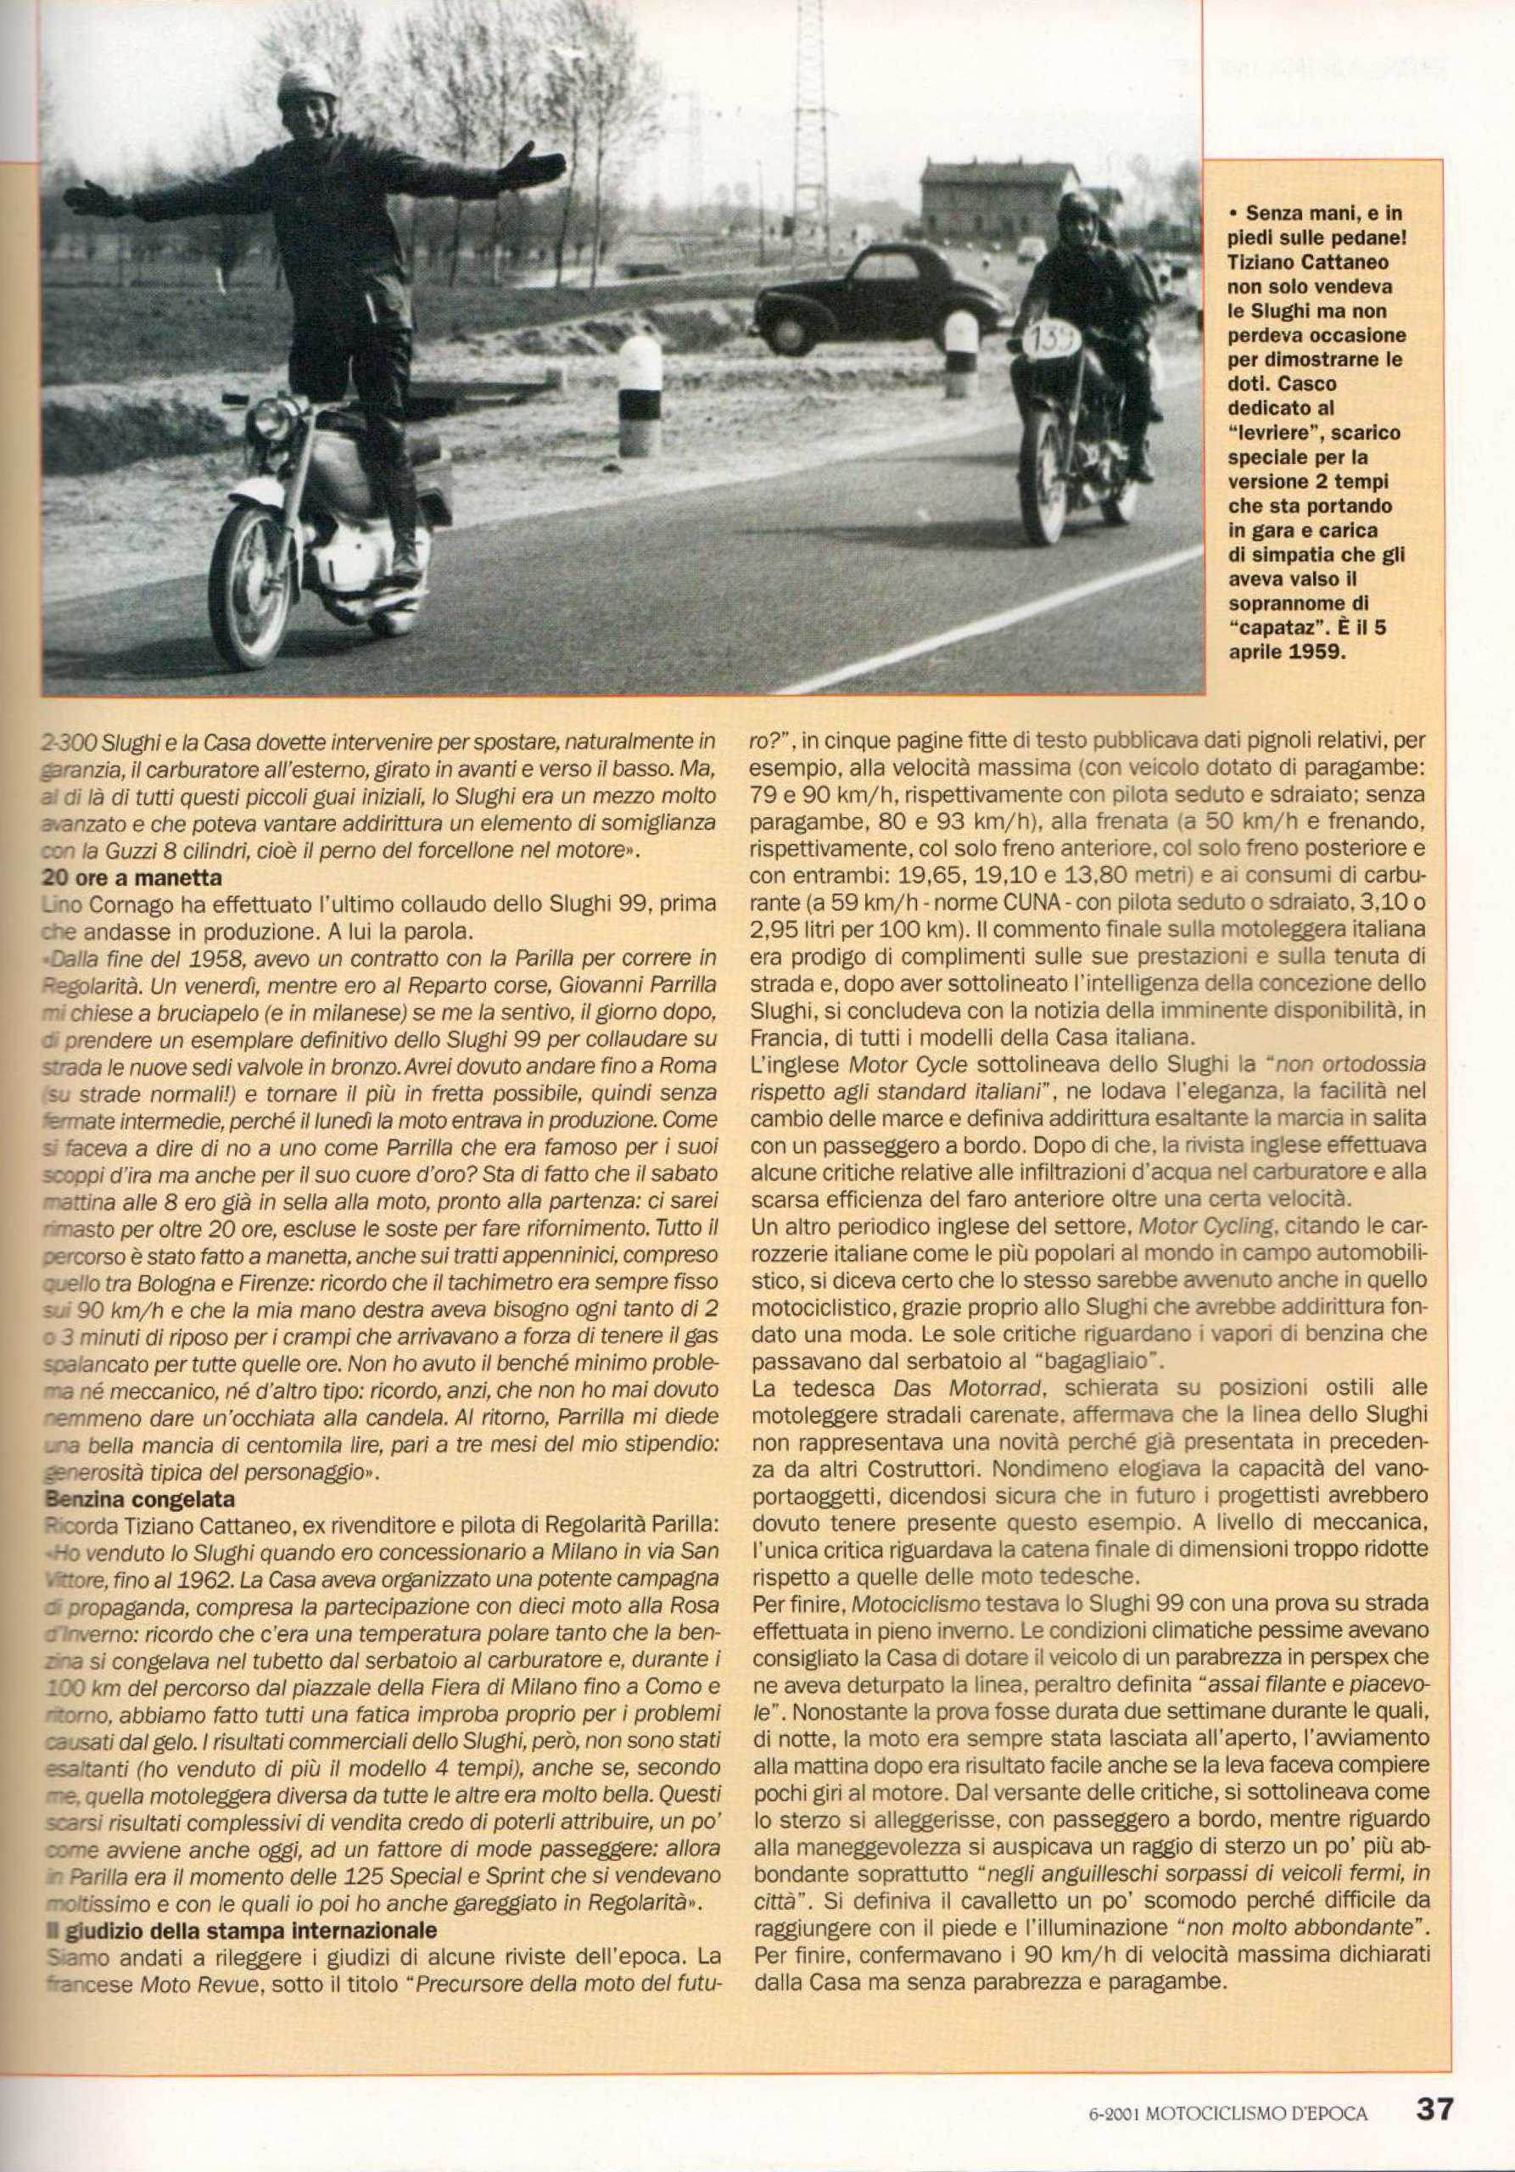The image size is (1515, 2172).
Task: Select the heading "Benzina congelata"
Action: point(142,1500)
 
